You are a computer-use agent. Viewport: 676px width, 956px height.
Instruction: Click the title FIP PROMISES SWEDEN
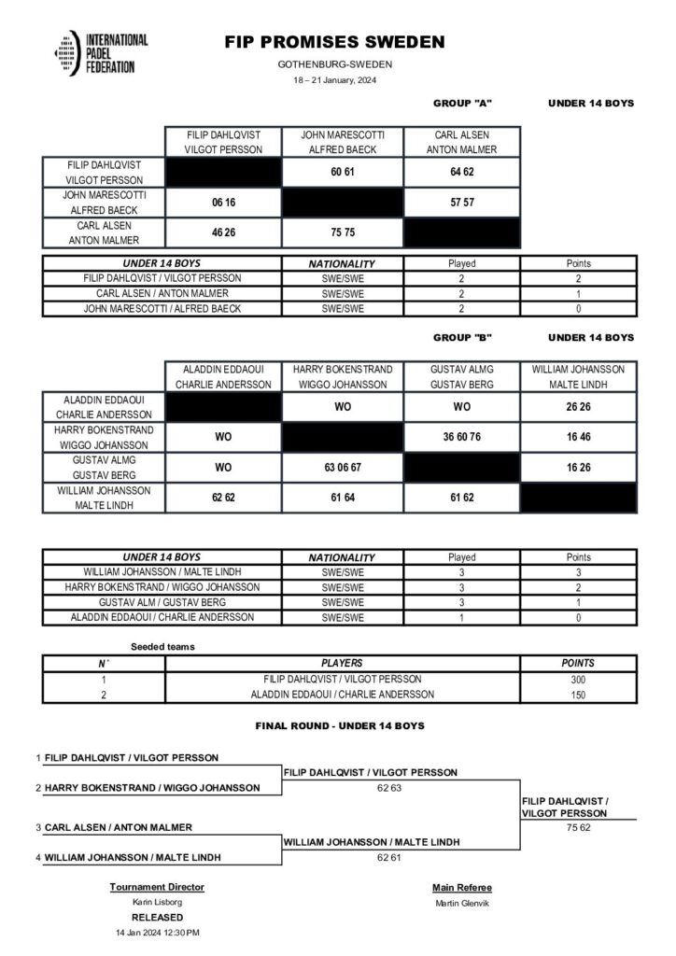pyautogui.click(x=334, y=42)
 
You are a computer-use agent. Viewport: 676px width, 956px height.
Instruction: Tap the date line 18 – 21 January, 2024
pyautogui.click(x=334, y=81)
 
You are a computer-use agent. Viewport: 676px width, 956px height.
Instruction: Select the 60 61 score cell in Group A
pyautogui.click(x=343, y=172)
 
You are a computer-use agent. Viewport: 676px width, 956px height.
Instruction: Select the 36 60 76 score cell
pyautogui.click(x=461, y=436)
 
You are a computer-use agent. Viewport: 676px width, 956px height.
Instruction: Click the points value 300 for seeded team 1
pyautogui.click(x=578, y=680)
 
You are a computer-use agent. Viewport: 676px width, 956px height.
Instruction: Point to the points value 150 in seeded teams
pyautogui.click(x=578, y=695)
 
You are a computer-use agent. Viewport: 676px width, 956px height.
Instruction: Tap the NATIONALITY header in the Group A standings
pyautogui.click(x=342, y=264)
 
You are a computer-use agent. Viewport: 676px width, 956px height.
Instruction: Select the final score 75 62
pyautogui.click(x=579, y=826)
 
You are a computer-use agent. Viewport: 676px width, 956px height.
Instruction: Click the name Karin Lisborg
pyautogui.click(x=157, y=902)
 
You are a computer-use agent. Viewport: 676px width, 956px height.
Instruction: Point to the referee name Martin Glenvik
pyautogui.click(x=461, y=902)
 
